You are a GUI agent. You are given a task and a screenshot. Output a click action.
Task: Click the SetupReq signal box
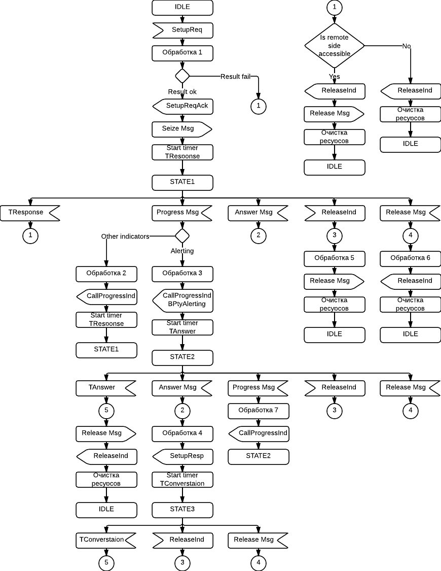point(182,30)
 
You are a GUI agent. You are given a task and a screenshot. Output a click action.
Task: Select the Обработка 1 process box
point(182,53)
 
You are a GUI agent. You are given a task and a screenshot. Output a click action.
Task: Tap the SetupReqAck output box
point(182,106)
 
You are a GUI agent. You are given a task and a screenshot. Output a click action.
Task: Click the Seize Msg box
point(181,129)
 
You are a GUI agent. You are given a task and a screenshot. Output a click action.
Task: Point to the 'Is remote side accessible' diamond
point(335,45)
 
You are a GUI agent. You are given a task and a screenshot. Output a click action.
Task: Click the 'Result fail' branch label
point(235,77)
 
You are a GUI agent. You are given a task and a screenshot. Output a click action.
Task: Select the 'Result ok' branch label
point(182,92)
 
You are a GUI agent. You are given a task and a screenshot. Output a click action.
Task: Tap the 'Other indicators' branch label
point(125,237)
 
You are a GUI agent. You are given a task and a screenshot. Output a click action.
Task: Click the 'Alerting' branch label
point(182,251)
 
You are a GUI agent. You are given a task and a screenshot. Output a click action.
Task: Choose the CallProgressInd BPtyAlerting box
point(182,300)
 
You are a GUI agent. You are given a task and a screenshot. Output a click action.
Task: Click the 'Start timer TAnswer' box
point(182,327)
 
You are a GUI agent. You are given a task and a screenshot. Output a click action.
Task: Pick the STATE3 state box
point(182,509)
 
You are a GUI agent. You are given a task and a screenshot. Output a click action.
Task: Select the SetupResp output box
point(182,456)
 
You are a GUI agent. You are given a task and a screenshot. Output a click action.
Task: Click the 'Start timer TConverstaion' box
point(182,479)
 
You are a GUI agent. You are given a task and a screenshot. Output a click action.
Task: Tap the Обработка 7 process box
point(259,410)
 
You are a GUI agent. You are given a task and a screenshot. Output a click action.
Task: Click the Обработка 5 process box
point(335,258)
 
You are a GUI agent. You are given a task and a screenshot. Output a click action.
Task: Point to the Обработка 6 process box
point(411,258)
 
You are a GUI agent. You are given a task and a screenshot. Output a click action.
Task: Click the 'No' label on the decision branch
point(407,46)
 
